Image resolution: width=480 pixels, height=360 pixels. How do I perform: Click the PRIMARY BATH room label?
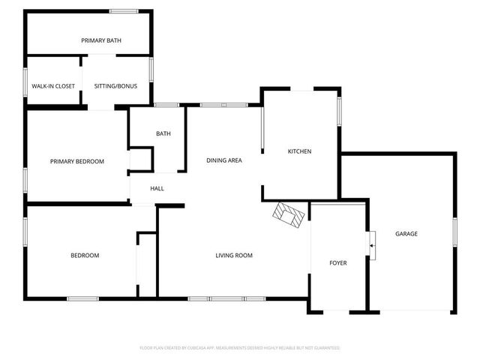101,40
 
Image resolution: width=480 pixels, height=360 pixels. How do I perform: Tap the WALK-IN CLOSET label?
53,86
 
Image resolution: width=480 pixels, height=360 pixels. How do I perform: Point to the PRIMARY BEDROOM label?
77,161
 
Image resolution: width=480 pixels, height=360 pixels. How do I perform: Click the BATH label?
163,133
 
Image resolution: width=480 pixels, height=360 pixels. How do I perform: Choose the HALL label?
157,188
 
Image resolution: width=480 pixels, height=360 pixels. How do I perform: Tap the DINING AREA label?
224,160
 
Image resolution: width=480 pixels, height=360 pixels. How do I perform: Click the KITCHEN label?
300,151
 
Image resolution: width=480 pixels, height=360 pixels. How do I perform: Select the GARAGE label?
406,234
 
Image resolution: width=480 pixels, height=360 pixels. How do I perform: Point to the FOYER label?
339,262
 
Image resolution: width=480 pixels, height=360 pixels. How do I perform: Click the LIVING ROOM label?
234,256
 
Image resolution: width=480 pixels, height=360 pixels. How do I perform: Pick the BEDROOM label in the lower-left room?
85,256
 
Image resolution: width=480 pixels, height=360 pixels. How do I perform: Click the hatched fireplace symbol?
289,214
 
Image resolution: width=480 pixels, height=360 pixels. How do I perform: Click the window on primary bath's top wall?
123,10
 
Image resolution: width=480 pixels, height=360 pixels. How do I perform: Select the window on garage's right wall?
454,232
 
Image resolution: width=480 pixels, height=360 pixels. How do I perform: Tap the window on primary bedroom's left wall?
25,179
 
